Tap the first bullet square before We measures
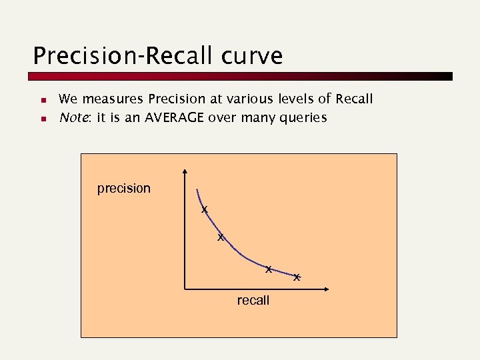tap(41, 101)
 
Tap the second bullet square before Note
tap(41, 119)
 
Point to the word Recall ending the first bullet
tap(354, 99)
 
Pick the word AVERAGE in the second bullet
tap(174, 118)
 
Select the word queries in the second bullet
tap(304, 119)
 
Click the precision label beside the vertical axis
tap(124, 189)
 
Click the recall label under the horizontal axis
tap(253, 301)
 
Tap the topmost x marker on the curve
tap(205, 210)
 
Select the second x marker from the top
tap(221, 237)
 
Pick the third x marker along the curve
tap(268, 269)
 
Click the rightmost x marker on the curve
tap(297, 277)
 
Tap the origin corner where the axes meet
tap(185, 289)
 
